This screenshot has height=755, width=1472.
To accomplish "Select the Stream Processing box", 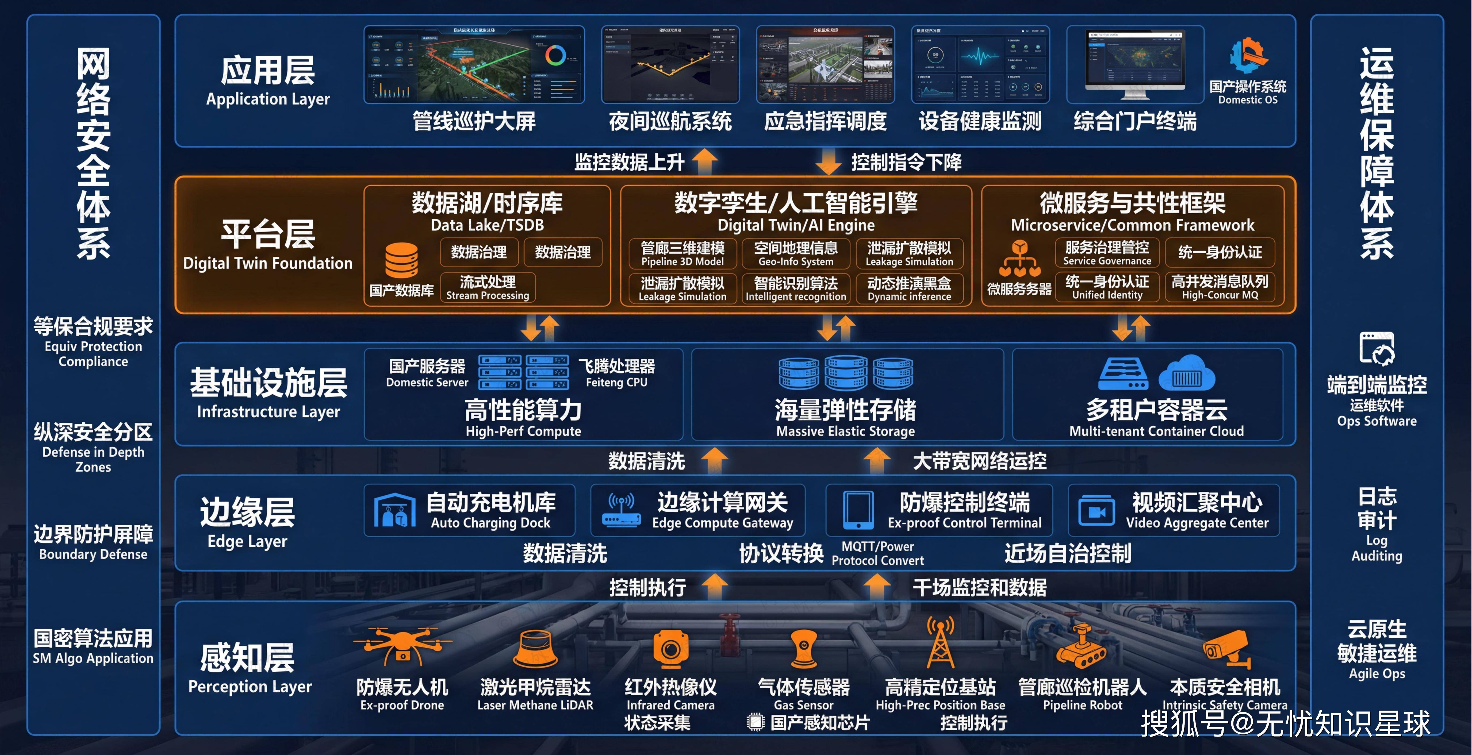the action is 488,287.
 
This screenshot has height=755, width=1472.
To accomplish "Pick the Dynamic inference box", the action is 909,288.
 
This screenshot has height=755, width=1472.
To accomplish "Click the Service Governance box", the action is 1107,253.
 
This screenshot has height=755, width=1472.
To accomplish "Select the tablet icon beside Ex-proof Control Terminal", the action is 858,510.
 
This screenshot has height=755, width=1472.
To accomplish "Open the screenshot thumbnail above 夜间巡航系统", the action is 670,64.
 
